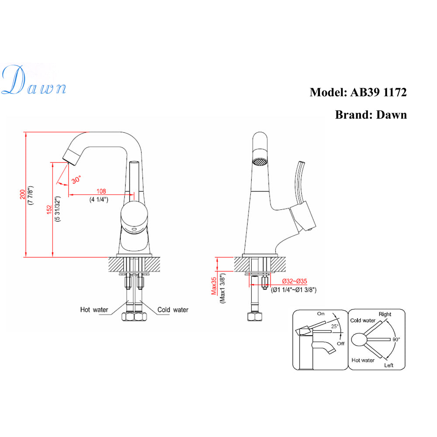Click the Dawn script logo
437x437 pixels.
[x=34, y=81]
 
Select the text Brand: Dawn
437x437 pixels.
[x=371, y=114]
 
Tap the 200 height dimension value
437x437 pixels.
[x=23, y=194]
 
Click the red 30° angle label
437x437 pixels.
[x=76, y=179]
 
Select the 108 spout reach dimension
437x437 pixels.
[x=101, y=191]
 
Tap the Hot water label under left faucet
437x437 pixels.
[x=94, y=310]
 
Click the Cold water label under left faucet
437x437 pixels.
[x=173, y=310]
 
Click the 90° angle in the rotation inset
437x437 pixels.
[x=396, y=339]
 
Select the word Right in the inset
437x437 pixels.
[x=385, y=314]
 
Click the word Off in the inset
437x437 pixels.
[x=340, y=343]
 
